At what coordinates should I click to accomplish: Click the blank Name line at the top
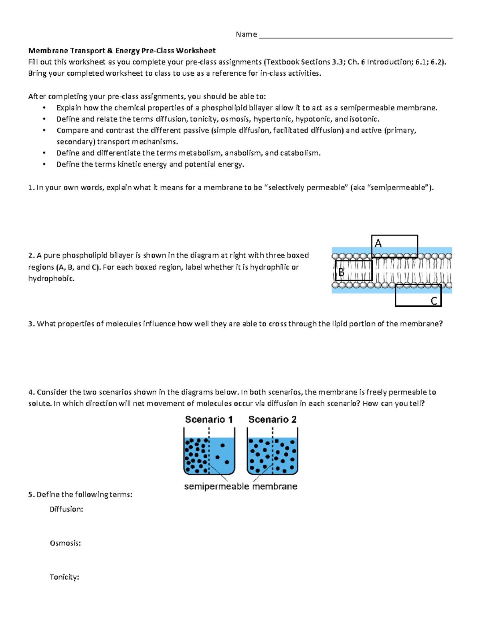[x=356, y=36]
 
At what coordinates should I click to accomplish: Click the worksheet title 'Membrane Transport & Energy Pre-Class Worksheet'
[x=121, y=50]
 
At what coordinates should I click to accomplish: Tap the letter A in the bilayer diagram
[x=378, y=243]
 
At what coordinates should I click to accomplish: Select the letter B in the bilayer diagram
[x=341, y=272]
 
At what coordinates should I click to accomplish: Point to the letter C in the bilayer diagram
[x=434, y=301]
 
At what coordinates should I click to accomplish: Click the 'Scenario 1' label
[x=209, y=419]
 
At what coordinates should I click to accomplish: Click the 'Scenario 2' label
[x=272, y=419]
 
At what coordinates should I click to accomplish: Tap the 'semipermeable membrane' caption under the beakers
[x=240, y=486]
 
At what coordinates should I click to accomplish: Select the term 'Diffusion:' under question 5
[x=66, y=509]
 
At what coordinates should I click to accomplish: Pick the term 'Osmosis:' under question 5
[x=65, y=543]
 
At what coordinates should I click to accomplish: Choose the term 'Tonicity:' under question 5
[x=64, y=577]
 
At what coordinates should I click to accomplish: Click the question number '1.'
[x=31, y=187]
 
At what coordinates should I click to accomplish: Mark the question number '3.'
[x=31, y=324]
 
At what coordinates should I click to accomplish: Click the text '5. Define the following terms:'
[x=80, y=495]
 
